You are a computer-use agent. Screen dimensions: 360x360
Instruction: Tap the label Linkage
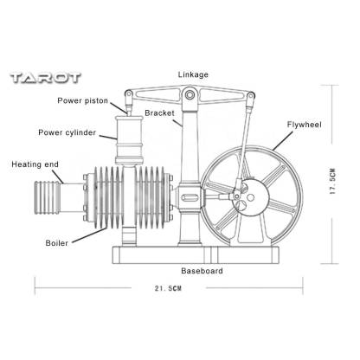[x=193, y=74]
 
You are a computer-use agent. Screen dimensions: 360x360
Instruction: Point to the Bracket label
[x=160, y=113]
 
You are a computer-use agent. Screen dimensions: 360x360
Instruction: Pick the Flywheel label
[x=305, y=125]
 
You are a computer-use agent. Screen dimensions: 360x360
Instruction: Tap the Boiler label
[x=57, y=243]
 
